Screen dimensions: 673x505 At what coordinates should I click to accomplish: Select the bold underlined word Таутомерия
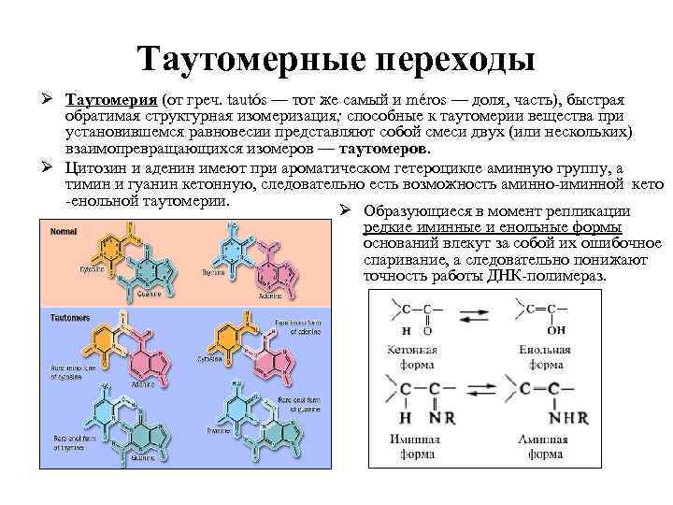(x=111, y=100)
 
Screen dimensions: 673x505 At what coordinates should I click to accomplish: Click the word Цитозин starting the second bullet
(x=96, y=167)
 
